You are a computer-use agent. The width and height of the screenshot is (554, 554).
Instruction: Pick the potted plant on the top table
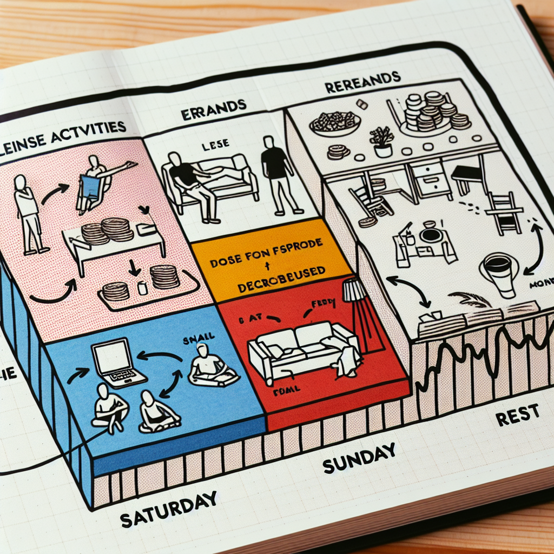[x=383, y=141]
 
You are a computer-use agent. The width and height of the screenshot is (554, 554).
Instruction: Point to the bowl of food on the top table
[x=335, y=124]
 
